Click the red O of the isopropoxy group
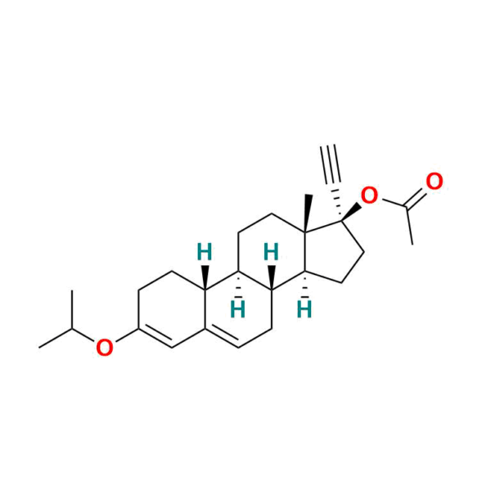pyautogui.click(x=105, y=347)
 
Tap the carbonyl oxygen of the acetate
pyautogui.click(x=435, y=181)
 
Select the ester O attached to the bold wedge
pyautogui.click(x=369, y=196)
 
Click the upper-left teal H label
pyautogui.click(x=205, y=252)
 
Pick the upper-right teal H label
pyautogui.click(x=271, y=252)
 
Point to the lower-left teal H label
pyautogui.click(x=238, y=309)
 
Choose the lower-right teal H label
pyautogui.click(x=304, y=309)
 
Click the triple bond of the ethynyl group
pyautogui.click(x=331, y=164)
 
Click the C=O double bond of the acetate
pyautogui.click(x=417, y=198)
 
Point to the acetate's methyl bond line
pyautogui.click(x=409, y=226)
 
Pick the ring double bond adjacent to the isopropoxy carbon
pyautogui.click(x=156, y=337)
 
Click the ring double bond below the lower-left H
pyautogui.click(x=222, y=338)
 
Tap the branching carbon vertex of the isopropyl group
pyautogui.click(x=72, y=329)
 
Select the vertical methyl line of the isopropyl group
pyautogui.click(x=72, y=309)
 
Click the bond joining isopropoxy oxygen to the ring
pyautogui.click(x=127, y=335)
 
